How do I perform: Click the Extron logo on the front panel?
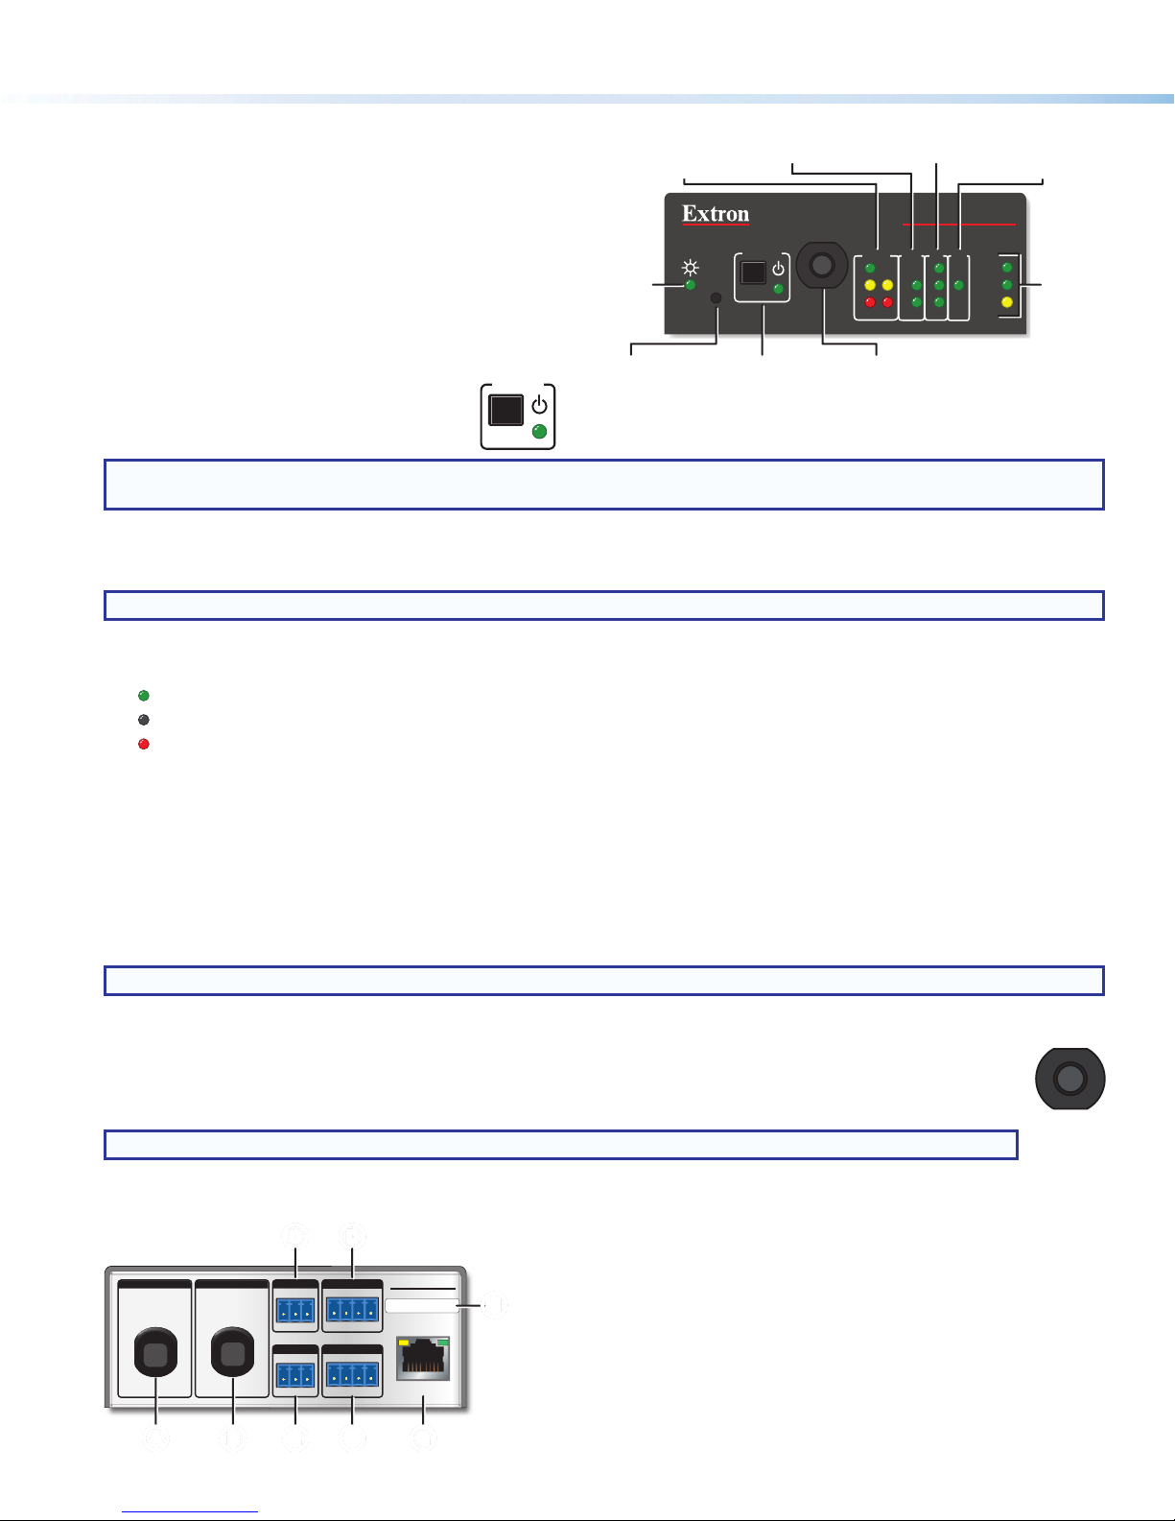[x=716, y=214]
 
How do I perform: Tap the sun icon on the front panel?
[x=690, y=267]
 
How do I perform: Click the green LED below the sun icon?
[x=690, y=285]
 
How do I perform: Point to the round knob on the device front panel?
[x=821, y=268]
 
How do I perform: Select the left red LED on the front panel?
[x=869, y=302]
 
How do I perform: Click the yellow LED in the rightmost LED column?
[x=1006, y=302]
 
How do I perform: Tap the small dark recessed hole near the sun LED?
[x=716, y=298]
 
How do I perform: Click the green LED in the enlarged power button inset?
[x=539, y=432]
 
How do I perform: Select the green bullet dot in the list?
[x=144, y=695]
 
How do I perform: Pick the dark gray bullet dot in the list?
[x=144, y=719]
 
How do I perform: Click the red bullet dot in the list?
[x=144, y=744]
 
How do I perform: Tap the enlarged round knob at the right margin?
[x=1069, y=1079]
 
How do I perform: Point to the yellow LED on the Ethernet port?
[x=405, y=1343]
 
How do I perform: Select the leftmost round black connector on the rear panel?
[x=156, y=1353]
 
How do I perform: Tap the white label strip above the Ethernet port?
[x=422, y=1305]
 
